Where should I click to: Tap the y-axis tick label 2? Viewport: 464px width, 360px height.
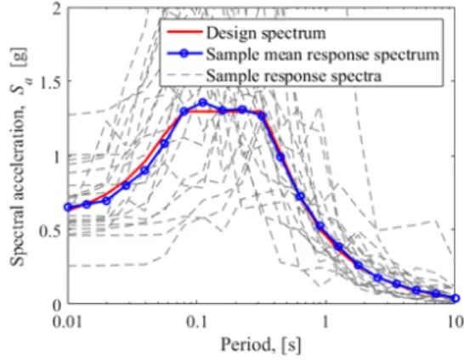pyautogui.click(x=56, y=9)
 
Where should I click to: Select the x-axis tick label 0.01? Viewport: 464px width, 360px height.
pyautogui.click(x=67, y=322)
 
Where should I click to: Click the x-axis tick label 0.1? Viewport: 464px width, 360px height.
pyautogui.click(x=196, y=322)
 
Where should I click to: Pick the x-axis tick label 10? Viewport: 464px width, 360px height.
pyautogui.click(x=456, y=322)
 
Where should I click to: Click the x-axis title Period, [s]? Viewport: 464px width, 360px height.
pyautogui.click(x=261, y=345)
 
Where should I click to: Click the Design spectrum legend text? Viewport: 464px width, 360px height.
pyautogui.click(x=266, y=33)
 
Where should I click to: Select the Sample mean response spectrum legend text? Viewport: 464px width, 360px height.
pyautogui.click(x=323, y=55)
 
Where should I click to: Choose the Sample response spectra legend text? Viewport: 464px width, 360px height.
pyautogui.click(x=294, y=76)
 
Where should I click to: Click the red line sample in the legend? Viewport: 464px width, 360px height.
pyautogui.click(x=184, y=32)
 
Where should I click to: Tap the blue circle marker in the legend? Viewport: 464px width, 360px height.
pyautogui.click(x=184, y=53)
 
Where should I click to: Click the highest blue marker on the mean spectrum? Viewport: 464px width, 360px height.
pyautogui.click(x=203, y=103)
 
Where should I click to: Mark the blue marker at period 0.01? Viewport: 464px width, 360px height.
pyautogui.click(x=68, y=207)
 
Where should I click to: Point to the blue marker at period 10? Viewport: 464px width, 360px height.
pyautogui.click(x=456, y=298)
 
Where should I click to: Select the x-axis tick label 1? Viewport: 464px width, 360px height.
pyautogui.click(x=325, y=322)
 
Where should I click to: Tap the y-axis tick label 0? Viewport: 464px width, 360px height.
pyautogui.click(x=56, y=306)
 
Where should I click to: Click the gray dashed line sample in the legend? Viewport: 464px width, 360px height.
pyautogui.click(x=184, y=75)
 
